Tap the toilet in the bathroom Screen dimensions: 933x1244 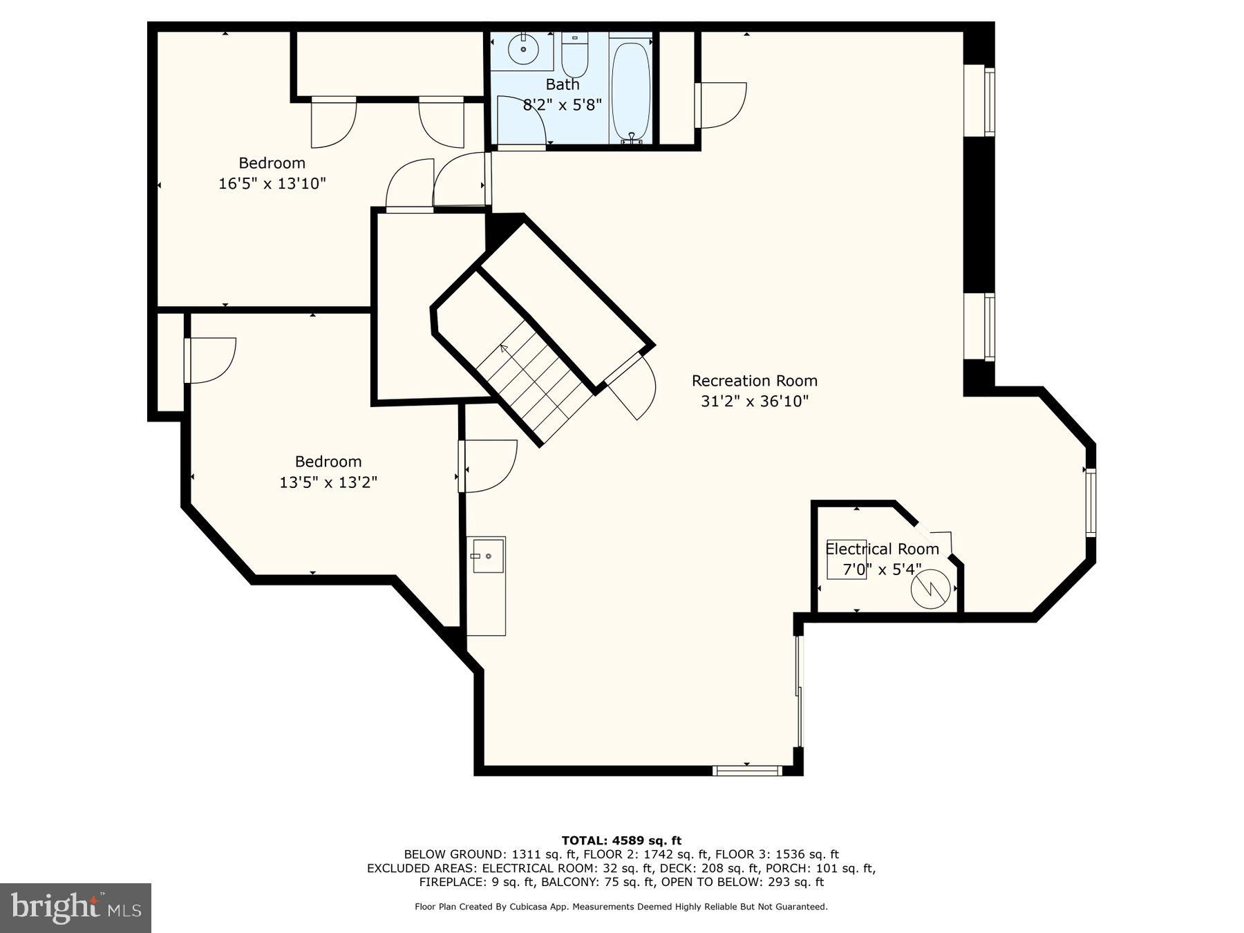point(574,55)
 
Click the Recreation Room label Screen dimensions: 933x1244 point(754,381)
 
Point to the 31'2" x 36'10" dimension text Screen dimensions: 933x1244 point(754,402)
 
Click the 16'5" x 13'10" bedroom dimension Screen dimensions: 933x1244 point(272,184)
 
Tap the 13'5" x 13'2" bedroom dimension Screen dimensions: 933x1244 point(328,482)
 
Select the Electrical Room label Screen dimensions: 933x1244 point(882,549)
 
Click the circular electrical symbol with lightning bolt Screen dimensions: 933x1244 point(930,589)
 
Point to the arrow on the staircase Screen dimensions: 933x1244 point(504,348)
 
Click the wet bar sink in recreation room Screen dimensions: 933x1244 point(487,556)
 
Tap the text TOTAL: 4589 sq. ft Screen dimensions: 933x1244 point(621,840)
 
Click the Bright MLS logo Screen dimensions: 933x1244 point(75,907)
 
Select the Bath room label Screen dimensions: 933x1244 point(562,84)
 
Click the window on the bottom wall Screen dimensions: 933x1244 point(747,771)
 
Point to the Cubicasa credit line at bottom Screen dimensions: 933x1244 point(621,907)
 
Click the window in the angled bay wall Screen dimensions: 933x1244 point(1091,502)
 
